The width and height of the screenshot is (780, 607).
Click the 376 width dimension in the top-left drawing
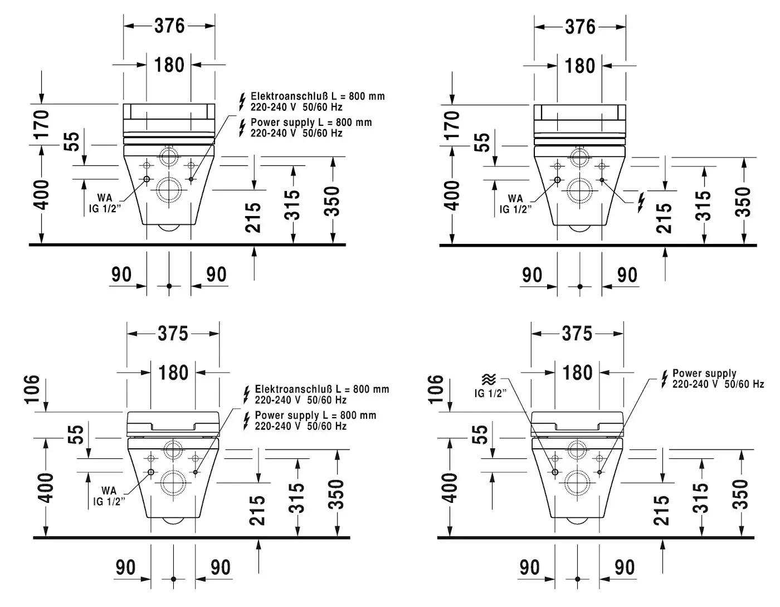[x=169, y=26]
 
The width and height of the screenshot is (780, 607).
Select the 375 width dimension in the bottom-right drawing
[x=577, y=334]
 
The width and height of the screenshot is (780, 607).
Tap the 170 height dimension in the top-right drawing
[x=453, y=124]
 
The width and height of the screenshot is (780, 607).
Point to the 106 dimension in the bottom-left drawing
[x=32, y=388]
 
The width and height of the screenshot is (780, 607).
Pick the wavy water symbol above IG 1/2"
[x=488, y=380]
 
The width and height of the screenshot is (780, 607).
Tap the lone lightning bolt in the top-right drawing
[x=641, y=202]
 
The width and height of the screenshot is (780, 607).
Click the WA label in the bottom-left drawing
[x=109, y=491]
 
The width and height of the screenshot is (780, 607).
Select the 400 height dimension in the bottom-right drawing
[x=451, y=487]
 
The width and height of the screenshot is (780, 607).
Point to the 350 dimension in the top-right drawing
[x=743, y=201]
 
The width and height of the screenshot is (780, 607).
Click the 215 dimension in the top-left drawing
[x=253, y=217]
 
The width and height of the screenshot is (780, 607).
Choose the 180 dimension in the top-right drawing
[x=580, y=66]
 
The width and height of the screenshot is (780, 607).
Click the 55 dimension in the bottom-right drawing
[x=481, y=434]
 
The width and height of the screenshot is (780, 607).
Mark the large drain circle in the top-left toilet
[x=169, y=190]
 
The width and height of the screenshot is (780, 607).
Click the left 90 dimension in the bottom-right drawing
[x=529, y=567]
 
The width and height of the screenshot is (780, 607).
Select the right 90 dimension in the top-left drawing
[x=216, y=274]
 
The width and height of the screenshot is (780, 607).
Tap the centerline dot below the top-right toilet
[x=580, y=286]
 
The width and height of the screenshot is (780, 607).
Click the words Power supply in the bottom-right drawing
[x=704, y=373]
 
